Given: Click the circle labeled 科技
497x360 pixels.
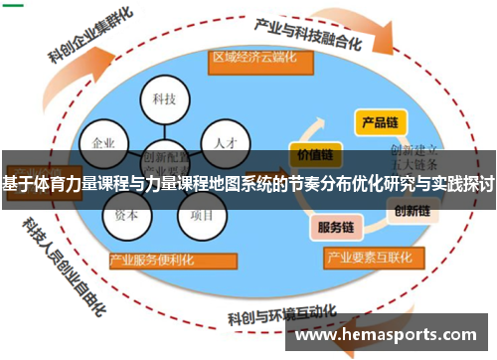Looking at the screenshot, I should [x=164, y=98].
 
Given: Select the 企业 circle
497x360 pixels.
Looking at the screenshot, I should [x=103, y=141].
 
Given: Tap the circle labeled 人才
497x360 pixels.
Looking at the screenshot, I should [x=224, y=141].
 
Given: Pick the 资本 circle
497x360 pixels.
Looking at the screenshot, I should [x=126, y=213].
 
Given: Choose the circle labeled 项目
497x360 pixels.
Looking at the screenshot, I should [x=202, y=213].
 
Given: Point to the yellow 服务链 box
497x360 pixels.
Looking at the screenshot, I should [x=335, y=226].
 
